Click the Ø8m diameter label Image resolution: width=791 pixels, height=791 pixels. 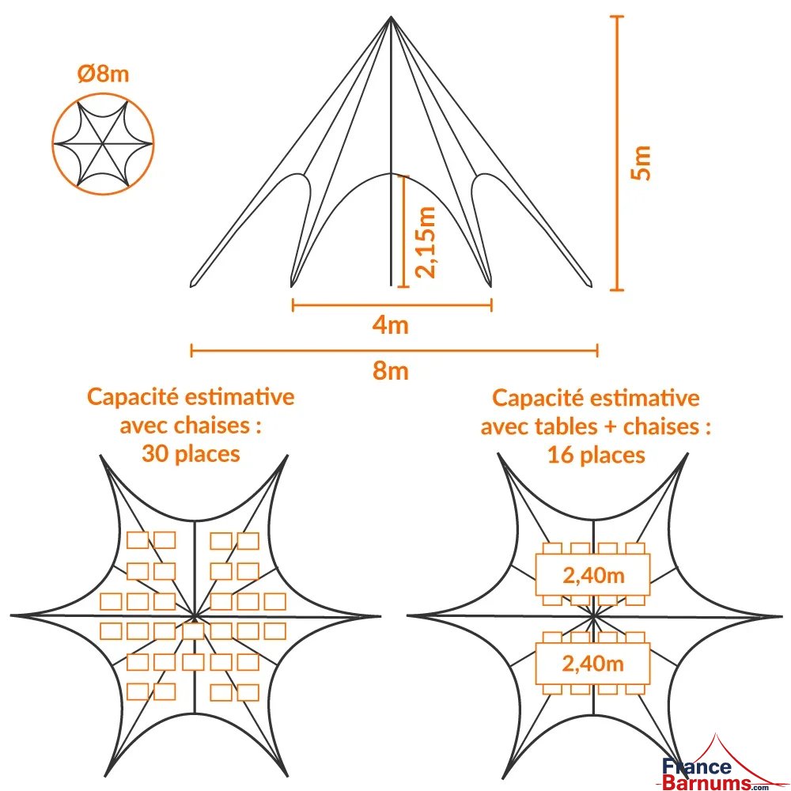[x=103, y=75]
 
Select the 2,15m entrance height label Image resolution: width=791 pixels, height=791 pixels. [x=426, y=242]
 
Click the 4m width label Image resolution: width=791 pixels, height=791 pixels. [x=391, y=324]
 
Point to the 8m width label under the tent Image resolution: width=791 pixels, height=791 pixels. [x=391, y=369]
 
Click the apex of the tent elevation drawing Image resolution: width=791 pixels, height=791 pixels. [x=391, y=18]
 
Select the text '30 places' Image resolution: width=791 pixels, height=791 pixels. [x=191, y=454]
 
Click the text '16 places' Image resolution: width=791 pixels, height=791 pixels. [x=596, y=455]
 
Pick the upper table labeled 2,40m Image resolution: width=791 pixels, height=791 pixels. [x=593, y=575]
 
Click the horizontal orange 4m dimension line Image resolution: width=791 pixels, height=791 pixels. [x=392, y=304]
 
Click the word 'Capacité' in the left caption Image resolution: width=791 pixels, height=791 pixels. [x=129, y=396]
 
